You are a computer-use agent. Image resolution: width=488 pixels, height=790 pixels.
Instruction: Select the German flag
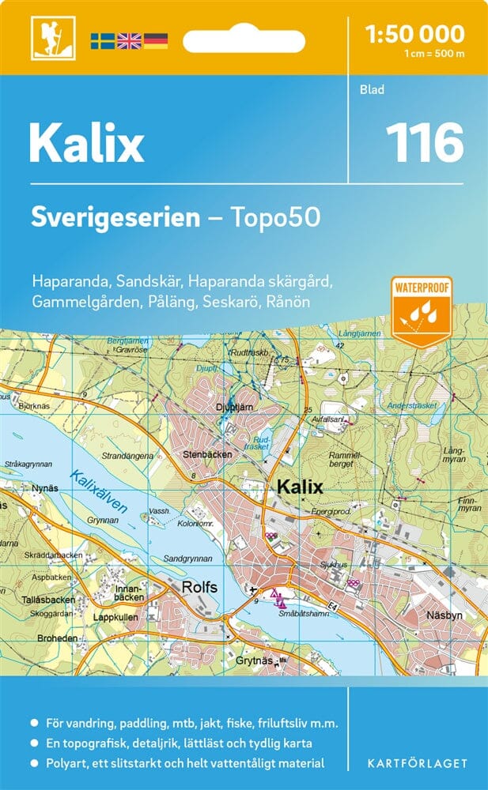(156, 40)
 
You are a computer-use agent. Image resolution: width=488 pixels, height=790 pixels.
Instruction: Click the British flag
(129, 40)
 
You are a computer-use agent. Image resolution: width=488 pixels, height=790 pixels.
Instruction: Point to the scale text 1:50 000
(415, 33)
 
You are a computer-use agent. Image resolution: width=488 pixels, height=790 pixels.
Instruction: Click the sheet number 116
(424, 142)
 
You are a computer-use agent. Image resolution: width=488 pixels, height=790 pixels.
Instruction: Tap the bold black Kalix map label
(300, 487)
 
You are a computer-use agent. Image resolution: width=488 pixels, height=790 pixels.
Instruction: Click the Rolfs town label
(199, 587)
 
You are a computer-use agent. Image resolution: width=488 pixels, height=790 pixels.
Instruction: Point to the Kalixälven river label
(97, 492)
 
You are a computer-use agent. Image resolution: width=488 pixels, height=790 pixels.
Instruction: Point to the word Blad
(372, 89)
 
